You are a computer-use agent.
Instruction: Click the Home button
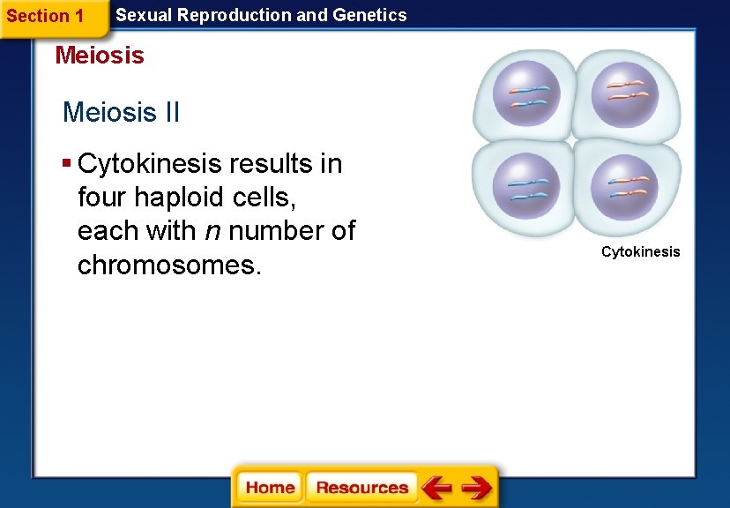(x=270, y=488)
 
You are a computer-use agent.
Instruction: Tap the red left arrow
(x=436, y=488)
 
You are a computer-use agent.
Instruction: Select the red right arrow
(x=477, y=488)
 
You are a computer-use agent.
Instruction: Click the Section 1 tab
(x=45, y=16)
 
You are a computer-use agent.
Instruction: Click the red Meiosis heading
(x=99, y=56)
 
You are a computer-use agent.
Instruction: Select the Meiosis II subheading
(x=121, y=113)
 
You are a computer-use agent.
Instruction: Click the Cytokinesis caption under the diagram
(x=640, y=252)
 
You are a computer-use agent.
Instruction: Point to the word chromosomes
(x=169, y=265)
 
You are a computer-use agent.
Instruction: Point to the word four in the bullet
(x=102, y=198)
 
